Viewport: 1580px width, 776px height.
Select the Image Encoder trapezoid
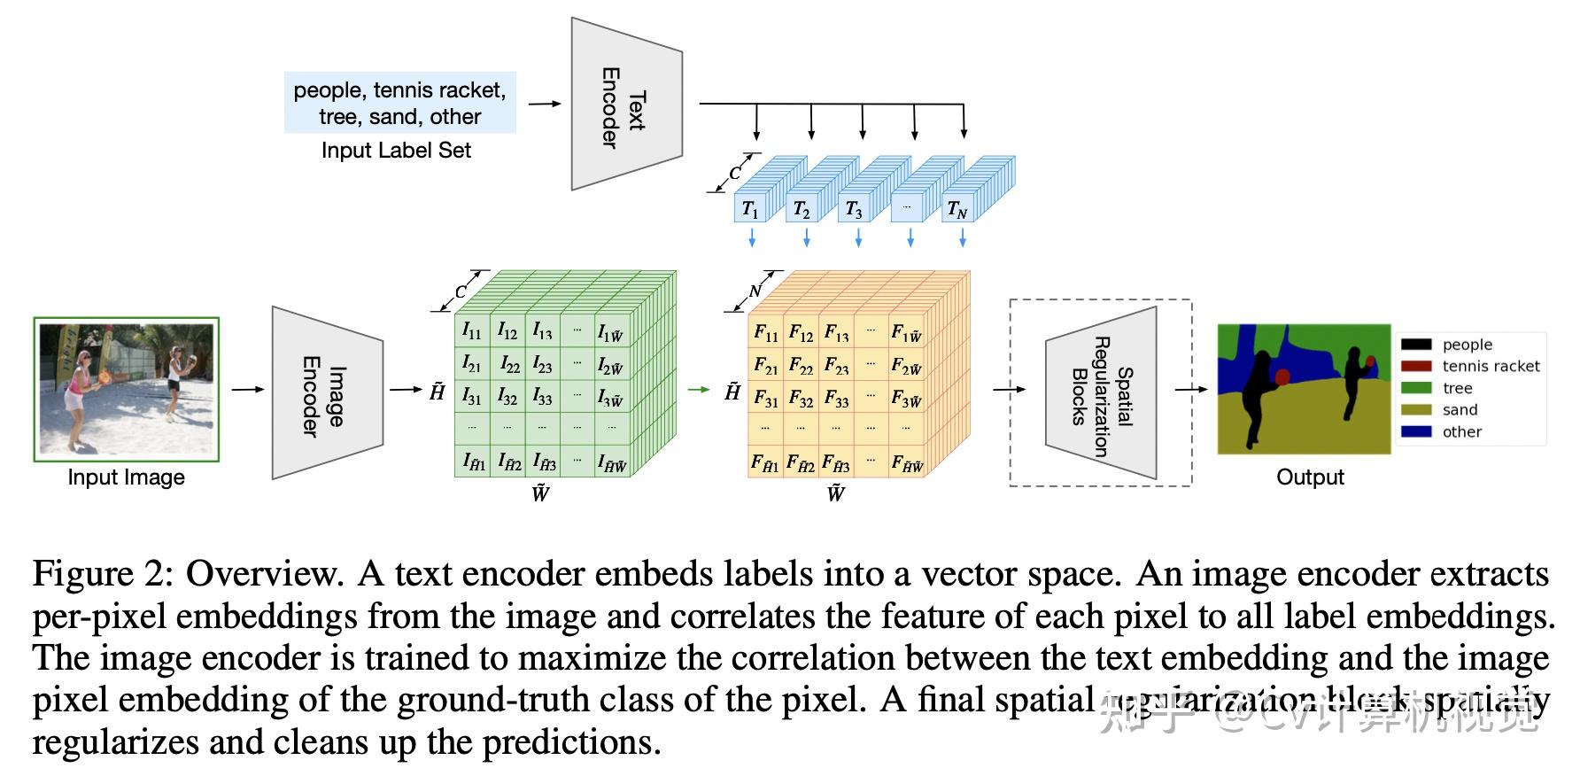point(325,393)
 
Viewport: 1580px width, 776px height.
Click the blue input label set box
point(399,104)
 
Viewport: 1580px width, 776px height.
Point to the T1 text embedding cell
point(750,209)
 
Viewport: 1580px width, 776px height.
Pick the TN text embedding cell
point(957,209)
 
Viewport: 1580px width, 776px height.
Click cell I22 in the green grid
point(508,363)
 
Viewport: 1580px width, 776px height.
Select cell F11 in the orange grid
point(766,332)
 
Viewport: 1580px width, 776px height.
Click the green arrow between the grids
point(700,389)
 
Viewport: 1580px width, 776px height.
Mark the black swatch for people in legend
point(1415,345)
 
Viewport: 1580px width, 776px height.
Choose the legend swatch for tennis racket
point(1415,366)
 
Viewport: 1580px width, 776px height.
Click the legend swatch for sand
point(1415,409)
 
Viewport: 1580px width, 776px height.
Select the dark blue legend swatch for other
point(1415,431)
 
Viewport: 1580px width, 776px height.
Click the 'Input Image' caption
point(126,477)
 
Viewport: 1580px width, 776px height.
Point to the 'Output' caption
point(1309,477)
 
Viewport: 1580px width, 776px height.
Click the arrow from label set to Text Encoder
point(545,104)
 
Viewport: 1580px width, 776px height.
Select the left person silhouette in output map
point(1256,390)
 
